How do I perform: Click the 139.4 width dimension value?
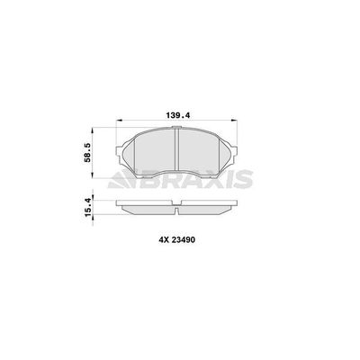point(178,115)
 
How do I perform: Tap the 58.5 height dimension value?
point(87,153)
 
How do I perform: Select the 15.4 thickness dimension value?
point(87,208)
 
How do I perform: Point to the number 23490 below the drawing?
point(184,239)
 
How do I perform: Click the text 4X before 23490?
point(165,239)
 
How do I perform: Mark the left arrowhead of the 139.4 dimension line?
point(120,121)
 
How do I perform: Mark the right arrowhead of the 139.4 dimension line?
point(234,121)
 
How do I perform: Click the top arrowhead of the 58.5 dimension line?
point(93,131)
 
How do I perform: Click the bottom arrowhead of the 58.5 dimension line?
point(93,175)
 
